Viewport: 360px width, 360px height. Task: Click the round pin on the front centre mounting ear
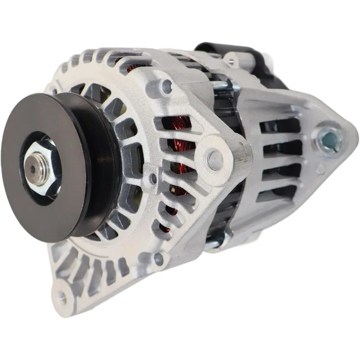coord(216,158)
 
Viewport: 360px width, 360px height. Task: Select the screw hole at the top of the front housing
coord(167,85)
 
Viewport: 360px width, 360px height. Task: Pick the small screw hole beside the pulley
coord(154,179)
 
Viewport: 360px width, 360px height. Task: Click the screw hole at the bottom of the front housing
coord(158,258)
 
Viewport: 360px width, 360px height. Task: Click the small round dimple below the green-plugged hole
coord(320,171)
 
